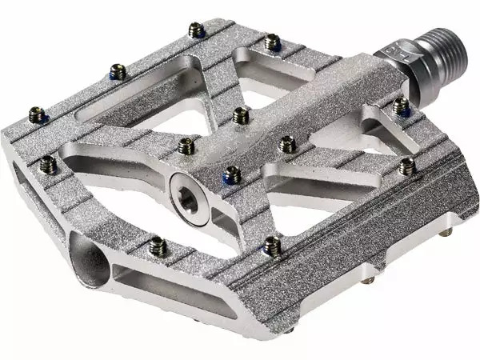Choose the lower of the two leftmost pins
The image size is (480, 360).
(48, 164)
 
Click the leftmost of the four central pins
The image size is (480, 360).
(186, 145)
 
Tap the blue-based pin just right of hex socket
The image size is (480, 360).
(232, 171)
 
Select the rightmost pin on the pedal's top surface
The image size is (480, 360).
(406, 166)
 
